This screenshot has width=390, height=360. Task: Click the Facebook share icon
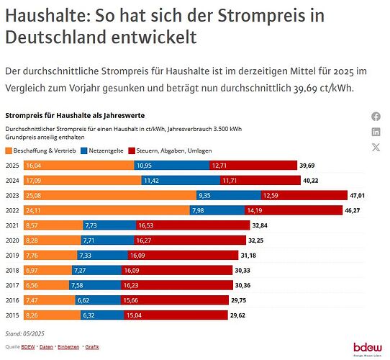(376, 117)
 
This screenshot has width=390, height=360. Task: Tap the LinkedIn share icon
(376, 132)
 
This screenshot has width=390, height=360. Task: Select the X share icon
(376, 148)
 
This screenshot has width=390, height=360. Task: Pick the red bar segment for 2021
(165, 225)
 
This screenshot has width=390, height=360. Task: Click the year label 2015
(13, 315)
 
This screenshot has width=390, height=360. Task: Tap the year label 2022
(13, 210)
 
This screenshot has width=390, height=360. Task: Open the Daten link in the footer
(46, 347)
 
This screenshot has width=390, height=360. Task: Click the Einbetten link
(69, 347)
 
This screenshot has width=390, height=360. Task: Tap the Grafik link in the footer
(92, 347)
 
